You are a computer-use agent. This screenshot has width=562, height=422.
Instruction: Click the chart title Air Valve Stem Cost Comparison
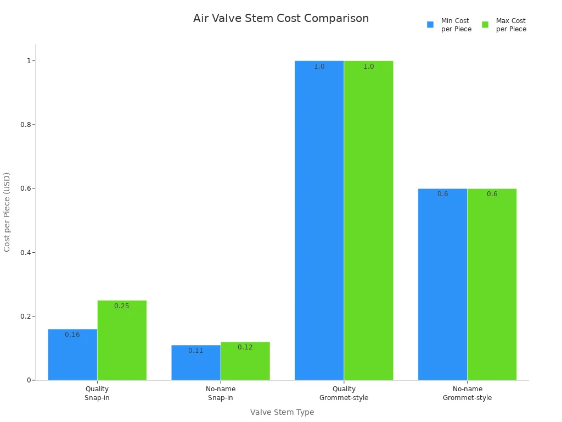point(280,19)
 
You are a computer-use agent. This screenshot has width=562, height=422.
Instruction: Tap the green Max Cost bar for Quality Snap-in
point(122,340)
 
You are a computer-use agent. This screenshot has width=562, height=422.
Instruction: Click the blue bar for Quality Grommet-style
point(319,220)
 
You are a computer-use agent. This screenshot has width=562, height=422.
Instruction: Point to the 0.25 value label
point(122,306)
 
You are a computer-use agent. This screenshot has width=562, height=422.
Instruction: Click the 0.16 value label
point(72,335)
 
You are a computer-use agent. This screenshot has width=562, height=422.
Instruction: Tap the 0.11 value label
point(196,351)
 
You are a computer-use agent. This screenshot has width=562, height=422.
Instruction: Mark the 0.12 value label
point(245,347)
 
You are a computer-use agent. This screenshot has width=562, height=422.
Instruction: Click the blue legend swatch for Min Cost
point(430,25)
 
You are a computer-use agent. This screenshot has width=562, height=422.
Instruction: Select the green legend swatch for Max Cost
point(485,25)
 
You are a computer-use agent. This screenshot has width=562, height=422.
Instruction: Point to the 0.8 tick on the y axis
point(24,125)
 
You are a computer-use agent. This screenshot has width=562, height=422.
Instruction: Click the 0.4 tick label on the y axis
point(24,253)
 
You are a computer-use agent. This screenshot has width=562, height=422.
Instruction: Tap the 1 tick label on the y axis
point(28,60)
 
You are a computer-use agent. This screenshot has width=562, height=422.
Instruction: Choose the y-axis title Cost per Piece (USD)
point(7,212)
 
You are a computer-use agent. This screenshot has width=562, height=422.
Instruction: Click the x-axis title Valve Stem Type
point(282,412)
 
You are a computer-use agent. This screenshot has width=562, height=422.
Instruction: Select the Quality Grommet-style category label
point(344,393)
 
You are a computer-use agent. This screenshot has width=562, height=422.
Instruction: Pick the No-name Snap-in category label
point(221,393)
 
